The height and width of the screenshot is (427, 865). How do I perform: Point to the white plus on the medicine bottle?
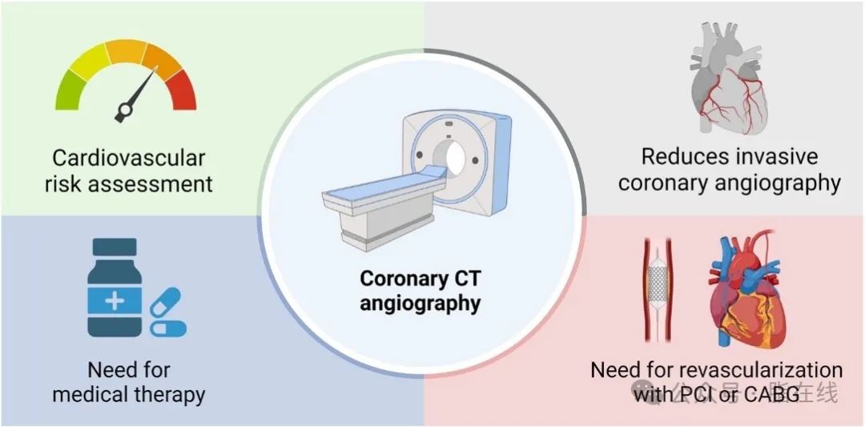115,301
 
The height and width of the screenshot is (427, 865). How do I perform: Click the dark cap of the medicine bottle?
115,247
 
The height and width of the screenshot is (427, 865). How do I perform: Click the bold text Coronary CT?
420,279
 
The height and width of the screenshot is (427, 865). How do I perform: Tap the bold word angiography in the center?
420,304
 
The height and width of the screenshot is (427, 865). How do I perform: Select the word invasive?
780,156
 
